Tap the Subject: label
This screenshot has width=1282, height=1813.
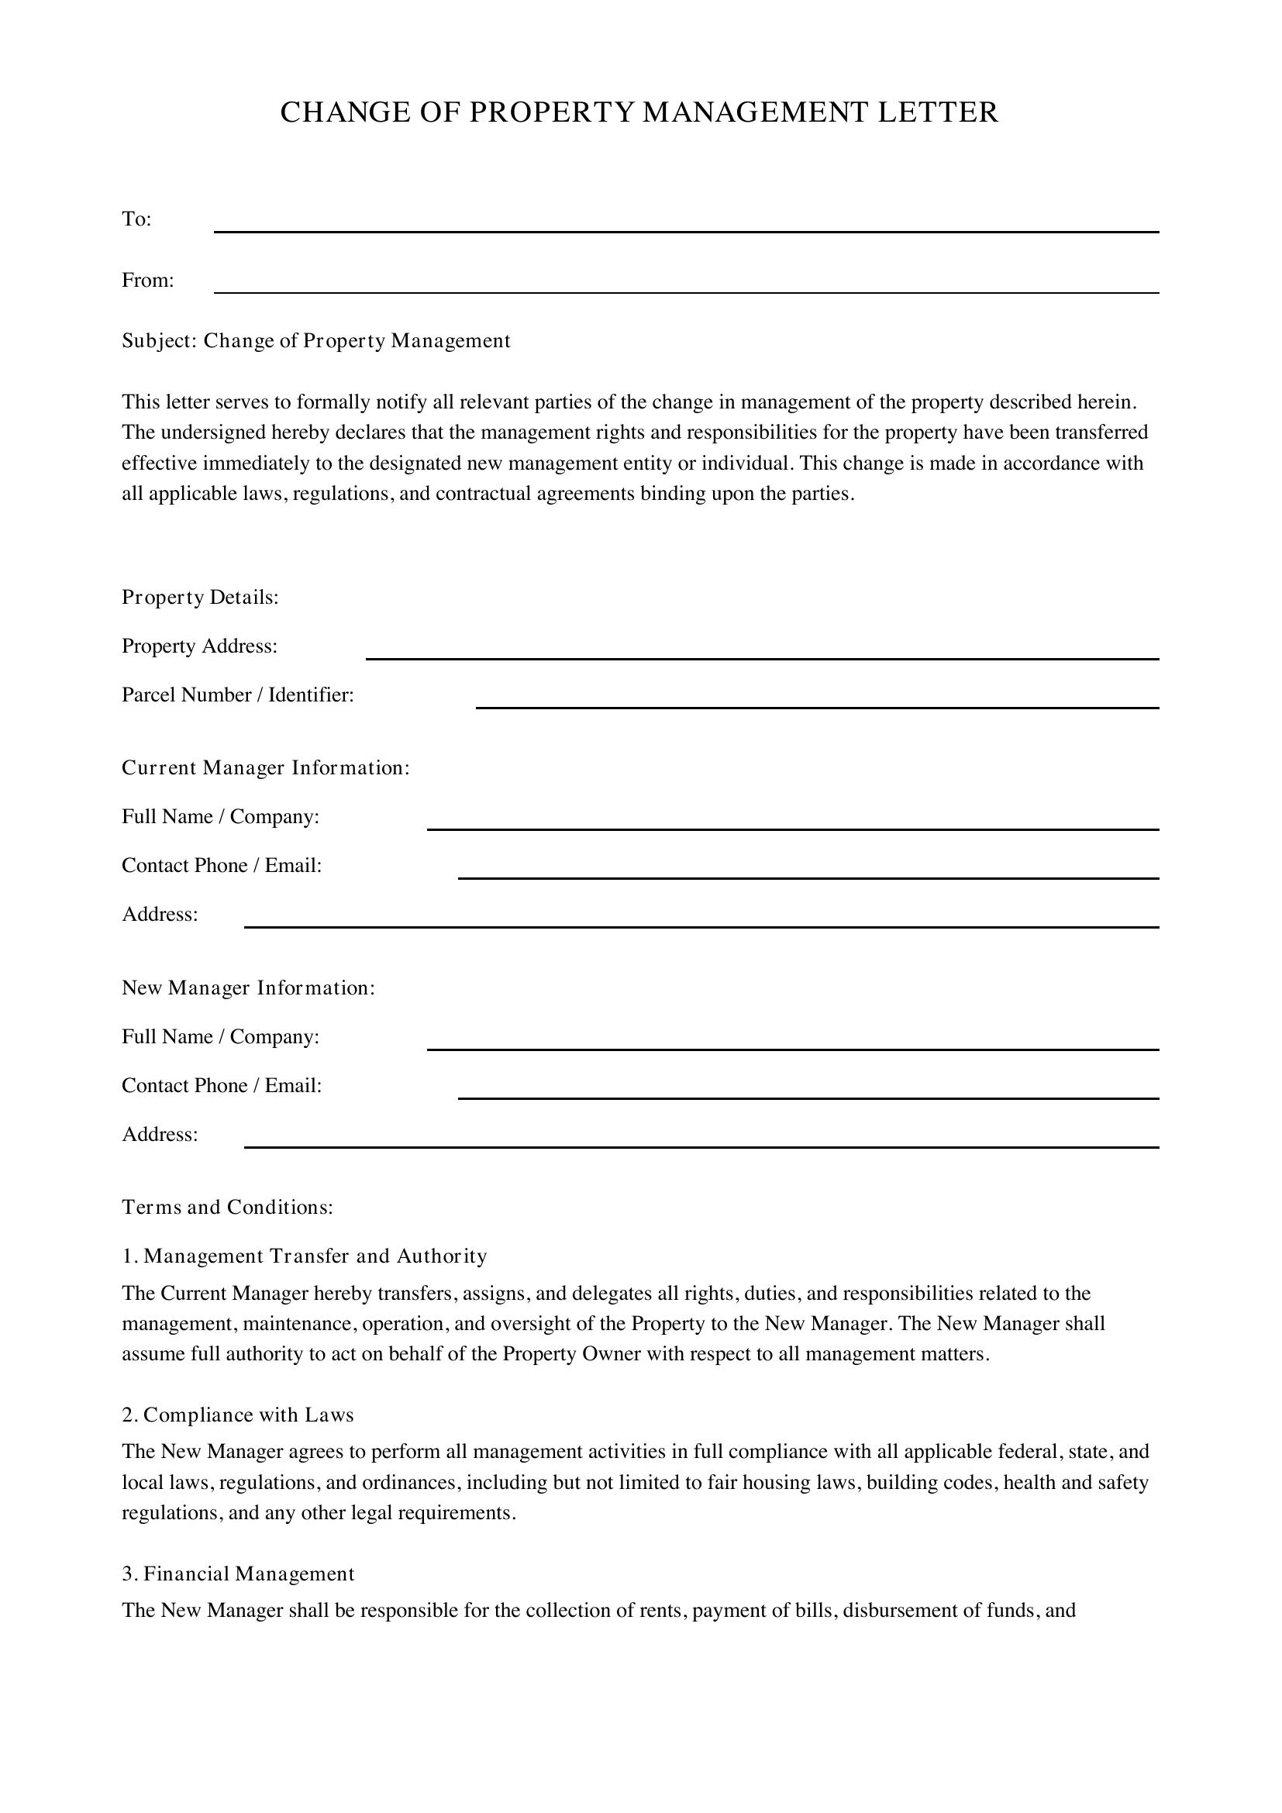pos(159,341)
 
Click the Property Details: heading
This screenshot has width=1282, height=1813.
pos(201,598)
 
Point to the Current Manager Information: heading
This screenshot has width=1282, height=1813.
pos(266,768)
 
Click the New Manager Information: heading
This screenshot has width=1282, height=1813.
pos(249,988)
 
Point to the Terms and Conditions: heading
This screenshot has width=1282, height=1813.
pos(227,1208)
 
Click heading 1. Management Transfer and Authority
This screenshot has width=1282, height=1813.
pos(305,1256)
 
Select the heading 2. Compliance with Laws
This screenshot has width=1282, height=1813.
pos(238,1415)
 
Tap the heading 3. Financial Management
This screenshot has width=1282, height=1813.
pos(239,1573)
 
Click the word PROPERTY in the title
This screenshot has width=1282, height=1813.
pos(552,112)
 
